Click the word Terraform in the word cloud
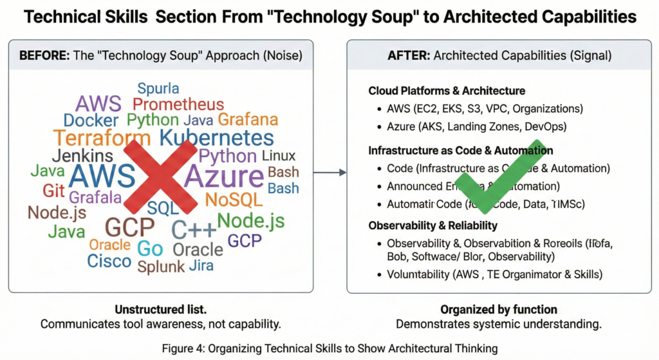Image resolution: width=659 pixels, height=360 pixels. [102, 137]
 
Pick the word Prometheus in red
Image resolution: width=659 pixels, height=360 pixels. [178, 104]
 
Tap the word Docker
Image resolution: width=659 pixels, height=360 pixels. [91, 120]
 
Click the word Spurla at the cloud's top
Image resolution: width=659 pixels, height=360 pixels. [158, 88]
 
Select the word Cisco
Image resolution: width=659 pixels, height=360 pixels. [109, 261]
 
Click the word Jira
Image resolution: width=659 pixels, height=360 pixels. [201, 265]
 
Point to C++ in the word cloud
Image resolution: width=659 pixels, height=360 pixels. [194, 229]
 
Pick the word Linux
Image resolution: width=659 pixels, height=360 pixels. [279, 156]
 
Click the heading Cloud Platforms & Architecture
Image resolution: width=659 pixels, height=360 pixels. [447, 91]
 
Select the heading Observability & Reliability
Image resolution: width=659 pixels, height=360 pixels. [432, 225]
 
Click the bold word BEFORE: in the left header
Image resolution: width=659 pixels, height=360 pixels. [44, 55]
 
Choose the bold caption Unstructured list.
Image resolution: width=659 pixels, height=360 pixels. [160, 309]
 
